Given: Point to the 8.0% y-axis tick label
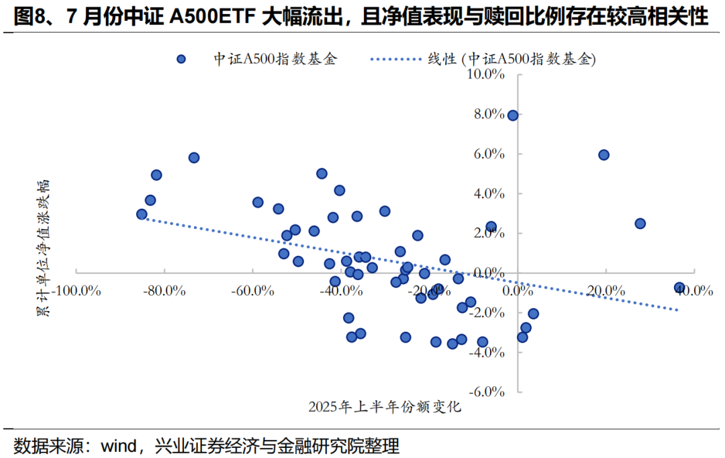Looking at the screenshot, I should (488, 114).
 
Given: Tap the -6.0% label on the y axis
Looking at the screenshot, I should (487, 392).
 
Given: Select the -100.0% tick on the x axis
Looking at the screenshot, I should (79, 291).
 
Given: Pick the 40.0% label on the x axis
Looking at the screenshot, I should (693, 291).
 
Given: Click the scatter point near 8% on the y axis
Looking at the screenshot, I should (513, 116).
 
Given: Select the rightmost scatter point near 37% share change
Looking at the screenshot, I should (680, 287).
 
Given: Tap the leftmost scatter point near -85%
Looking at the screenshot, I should (142, 214).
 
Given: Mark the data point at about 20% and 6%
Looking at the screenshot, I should (603, 155).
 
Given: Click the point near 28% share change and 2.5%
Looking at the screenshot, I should (640, 224).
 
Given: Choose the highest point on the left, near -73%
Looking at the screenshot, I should (194, 158).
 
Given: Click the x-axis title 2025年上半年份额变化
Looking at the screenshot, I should (385, 407).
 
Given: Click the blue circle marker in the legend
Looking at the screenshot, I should (181, 59).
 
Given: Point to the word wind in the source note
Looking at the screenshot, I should (118, 445).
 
